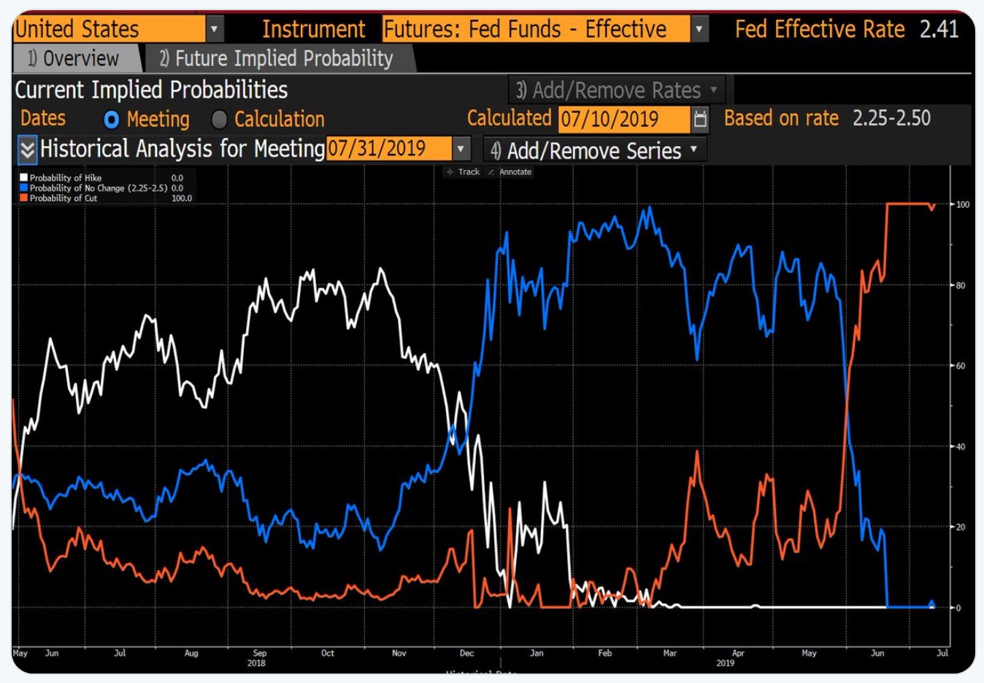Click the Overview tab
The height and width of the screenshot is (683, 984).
[73, 58]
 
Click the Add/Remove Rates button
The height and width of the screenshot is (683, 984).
[616, 90]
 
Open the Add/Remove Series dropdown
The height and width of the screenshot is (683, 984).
[594, 151]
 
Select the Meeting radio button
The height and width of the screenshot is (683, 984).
[112, 120]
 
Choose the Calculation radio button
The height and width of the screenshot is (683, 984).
[219, 120]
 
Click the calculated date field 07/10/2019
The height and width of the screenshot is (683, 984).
[623, 119]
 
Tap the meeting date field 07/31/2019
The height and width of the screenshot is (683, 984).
[388, 149]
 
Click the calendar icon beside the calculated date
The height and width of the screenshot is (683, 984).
[700, 119]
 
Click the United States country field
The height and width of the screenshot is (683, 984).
[109, 29]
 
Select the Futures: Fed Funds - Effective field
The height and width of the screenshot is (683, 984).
[535, 29]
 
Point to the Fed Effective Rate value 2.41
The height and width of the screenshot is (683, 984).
[939, 29]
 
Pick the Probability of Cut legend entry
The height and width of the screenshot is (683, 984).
[63, 198]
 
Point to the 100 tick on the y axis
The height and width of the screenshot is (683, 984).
[963, 204]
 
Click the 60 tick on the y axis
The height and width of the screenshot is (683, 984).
[961, 366]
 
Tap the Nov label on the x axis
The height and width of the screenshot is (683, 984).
[399, 653]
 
